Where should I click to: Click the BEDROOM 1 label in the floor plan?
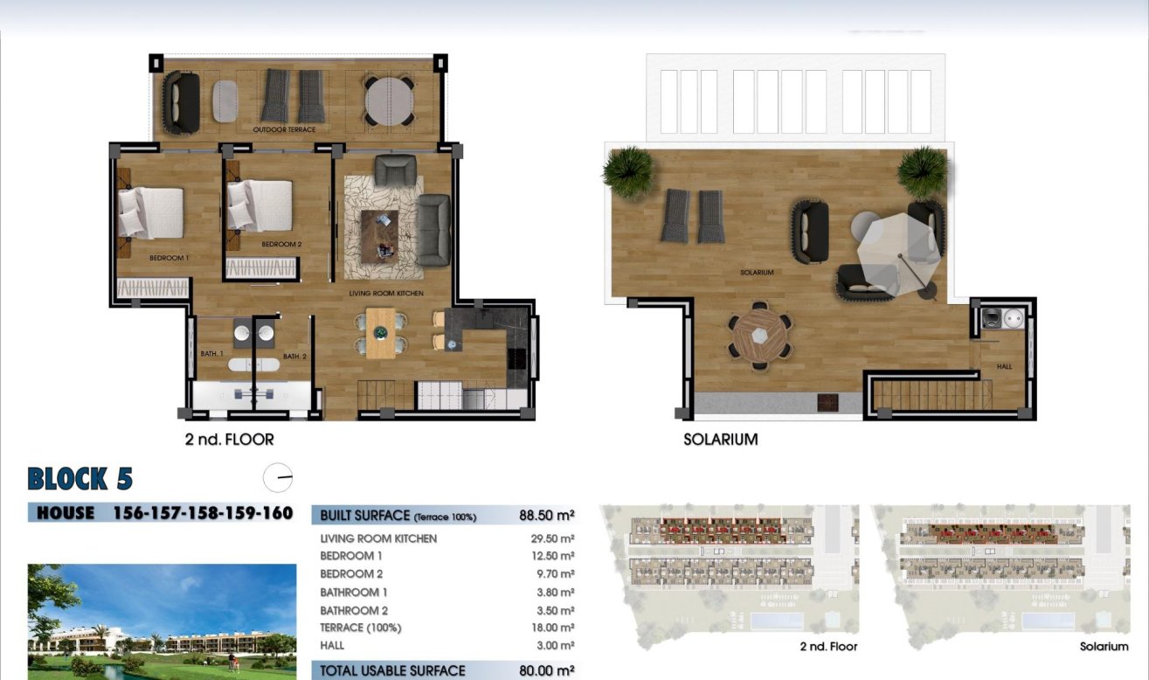[x=170, y=258]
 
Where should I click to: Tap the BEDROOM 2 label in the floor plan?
[x=281, y=245]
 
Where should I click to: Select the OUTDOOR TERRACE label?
[x=284, y=129]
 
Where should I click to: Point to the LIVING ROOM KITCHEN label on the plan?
[x=385, y=294]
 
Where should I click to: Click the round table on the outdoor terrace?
[x=389, y=101]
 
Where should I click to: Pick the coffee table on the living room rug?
[x=379, y=235]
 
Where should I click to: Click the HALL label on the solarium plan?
[x=1004, y=366]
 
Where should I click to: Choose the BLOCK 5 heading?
[x=80, y=479]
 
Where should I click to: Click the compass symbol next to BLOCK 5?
[x=278, y=478]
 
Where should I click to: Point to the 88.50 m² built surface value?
[x=544, y=516]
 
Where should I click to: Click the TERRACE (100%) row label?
[x=361, y=628]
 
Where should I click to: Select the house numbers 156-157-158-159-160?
[x=203, y=513]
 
